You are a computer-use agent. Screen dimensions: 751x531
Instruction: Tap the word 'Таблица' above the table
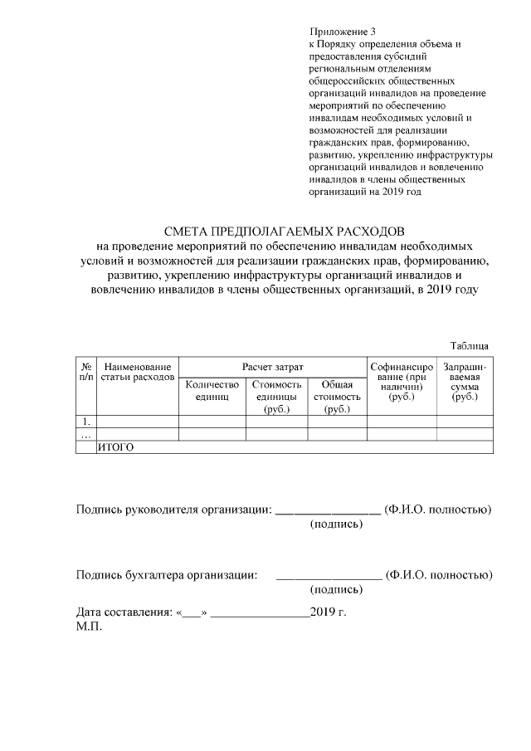point(470,345)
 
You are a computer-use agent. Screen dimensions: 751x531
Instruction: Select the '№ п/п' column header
point(86,372)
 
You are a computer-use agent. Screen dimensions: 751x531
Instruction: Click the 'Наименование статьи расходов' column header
point(138,372)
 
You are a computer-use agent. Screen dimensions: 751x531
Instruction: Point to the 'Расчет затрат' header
point(273,366)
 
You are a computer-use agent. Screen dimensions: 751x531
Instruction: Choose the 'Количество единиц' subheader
point(212,390)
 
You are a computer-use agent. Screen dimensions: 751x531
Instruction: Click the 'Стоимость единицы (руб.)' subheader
point(276,397)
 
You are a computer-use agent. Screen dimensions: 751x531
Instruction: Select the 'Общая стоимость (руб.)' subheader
point(337,397)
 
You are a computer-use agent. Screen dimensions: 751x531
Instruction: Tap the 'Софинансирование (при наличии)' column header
point(402,382)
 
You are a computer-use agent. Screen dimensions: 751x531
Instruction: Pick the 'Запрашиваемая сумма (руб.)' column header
point(465,382)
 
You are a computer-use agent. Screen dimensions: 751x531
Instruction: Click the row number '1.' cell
point(86,422)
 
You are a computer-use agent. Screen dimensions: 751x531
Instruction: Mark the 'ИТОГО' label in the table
point(116,447)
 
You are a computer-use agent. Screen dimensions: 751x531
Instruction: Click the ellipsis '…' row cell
point(85,434)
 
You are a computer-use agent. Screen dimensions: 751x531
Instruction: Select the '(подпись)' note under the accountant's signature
point(336,590)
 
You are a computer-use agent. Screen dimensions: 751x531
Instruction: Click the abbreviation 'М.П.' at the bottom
point(89,627)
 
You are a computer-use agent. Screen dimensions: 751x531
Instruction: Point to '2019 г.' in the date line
point(328,612)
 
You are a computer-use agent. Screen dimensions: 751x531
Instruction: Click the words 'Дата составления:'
point(124,612)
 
